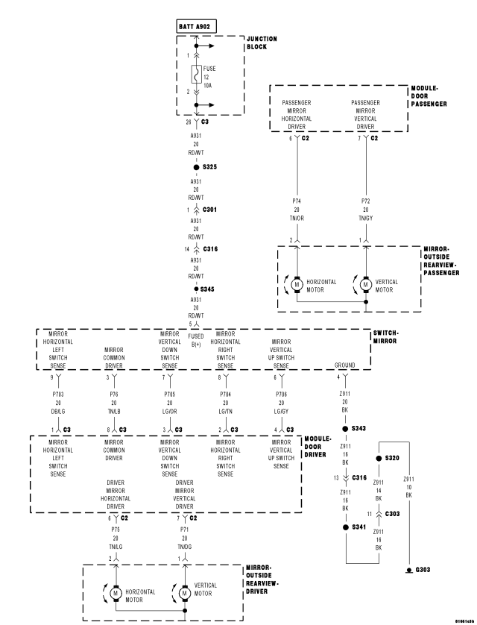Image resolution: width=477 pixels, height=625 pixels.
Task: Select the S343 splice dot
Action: click(345, 429)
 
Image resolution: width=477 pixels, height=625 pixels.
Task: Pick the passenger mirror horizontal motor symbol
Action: click(296, 283)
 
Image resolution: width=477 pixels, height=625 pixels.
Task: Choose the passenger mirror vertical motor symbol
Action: click(365, 283)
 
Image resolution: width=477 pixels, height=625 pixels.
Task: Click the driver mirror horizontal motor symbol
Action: click(116, 592)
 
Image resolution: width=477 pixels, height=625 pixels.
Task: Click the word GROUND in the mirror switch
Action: click(345, 365)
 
